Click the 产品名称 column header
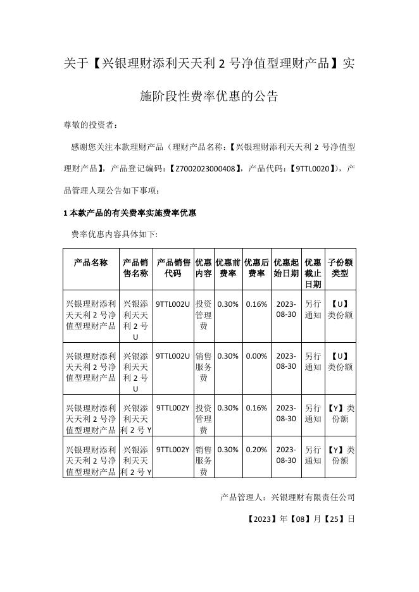(x=91, y=262)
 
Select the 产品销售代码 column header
(x=173, y=268)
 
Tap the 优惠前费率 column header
(x=228, y=268)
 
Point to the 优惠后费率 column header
(x=256, y=268)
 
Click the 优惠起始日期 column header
(x=286, y=268)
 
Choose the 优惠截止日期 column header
(x=313, y=273)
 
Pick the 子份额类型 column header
(x=340, y=268)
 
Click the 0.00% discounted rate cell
(x=256, y=356)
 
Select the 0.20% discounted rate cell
(x=256, y=450)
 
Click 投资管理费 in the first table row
(x=204, y=315)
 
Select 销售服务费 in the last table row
(x=204, y=460)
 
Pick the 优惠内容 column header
(x=204, y=268)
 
